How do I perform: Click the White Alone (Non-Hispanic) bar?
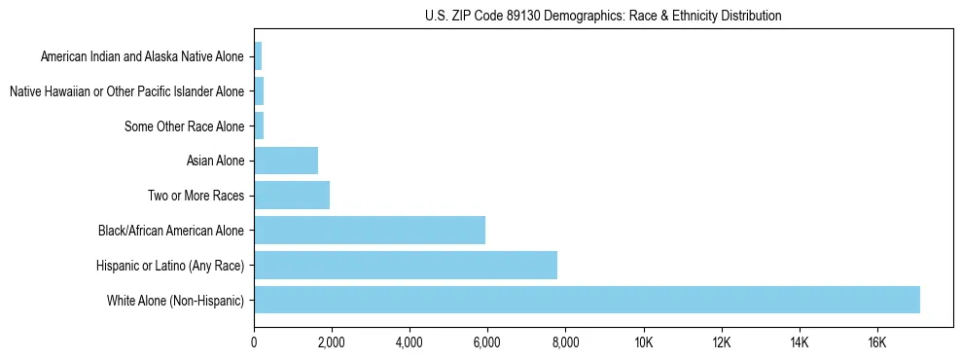tap(587, 300)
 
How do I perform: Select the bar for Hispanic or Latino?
tap(406, 265)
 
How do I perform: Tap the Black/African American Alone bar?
tap(370, 231)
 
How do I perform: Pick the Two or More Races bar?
tap(292, 196)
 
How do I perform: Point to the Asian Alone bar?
tap(286, 161)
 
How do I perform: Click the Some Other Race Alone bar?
tap(259, 126)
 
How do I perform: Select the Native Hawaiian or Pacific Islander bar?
tap(259, 91)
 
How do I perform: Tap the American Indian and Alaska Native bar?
tap(258, 56)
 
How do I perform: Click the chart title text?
tap(603, 16)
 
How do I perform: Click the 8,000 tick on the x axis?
tap(565, 342)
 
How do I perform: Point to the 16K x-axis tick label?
tap(877, 342)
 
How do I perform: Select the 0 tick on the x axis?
tap(254, 342)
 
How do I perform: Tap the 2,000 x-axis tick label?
tap(332, 342)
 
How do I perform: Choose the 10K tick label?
tap(644, 342)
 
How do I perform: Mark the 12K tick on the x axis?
tap(722, 342)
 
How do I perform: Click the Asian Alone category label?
tap(215, 161)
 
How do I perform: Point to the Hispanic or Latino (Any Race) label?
tap(170, 266)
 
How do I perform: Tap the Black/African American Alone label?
tap(171, 231)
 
